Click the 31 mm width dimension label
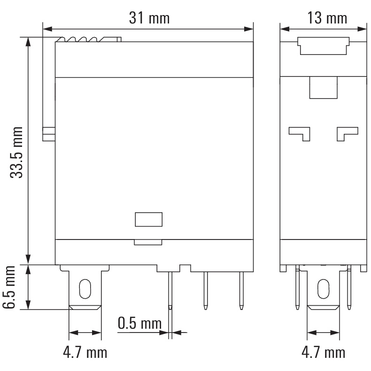(x=149, y=18)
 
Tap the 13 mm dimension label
(x=327, y=18)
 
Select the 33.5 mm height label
(x=16, y=152)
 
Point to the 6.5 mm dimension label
(x=9, y=287)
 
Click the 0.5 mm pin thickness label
(x=139, y=323)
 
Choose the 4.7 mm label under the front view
(x=85, y=352)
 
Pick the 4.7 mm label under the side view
(x=323, y=352)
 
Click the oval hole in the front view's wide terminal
(x=85, y=289)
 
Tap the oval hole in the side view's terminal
(x=323, y=289)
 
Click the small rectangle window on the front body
(x=148, y=219)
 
